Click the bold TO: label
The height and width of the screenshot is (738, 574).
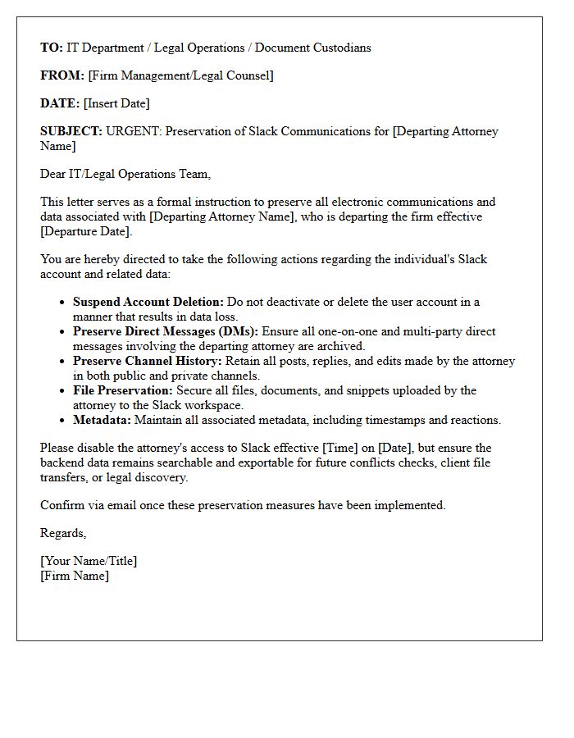pyautogui.click(x=52, y=48)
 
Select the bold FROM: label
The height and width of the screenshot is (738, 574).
pyautogui.click(x=62, y=75)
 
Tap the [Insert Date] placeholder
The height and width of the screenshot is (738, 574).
pyautogui.click(x=116, y=103)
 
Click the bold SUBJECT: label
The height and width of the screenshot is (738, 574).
pyautogui.click(x=71, y=131)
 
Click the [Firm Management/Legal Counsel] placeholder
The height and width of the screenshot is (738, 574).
pyautogui.click(x=180, y=75)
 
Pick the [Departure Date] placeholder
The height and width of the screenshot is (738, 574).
pyautogui.click(x=86, y=231)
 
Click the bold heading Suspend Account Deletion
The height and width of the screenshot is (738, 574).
pyautogui.click(x=148, y=302)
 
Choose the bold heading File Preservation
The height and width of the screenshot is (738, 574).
pyautogui.click(x=123, y=390)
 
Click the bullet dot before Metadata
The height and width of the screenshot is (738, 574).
pyautogui.click(x=63, y=421)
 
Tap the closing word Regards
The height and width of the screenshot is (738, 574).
pyautogui.click(x=63, y=533)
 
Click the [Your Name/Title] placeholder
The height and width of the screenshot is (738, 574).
pyautogui.click(x=89, y=561)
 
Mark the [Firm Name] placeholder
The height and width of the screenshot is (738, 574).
pyautogui.click(x=75, y=576)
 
